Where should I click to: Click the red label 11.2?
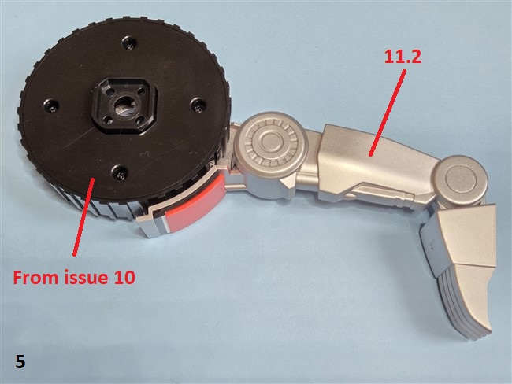[x=403, y=57]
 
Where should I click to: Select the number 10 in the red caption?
[x=124, y=278]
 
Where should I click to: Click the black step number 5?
[x=20, y=362]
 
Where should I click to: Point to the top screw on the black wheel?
[x=129, y=43]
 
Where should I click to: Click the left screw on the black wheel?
[x=51, y=105]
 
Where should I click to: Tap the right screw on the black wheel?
[x=198, y=105]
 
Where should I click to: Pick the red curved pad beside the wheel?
[x=195, y=203]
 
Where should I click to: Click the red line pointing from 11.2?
[x=388, y=113]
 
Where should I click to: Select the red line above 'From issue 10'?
[x=84, y=216]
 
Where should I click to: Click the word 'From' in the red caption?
[x=36, y=278]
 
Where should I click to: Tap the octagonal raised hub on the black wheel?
[x=124, y=105]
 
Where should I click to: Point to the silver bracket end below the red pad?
[x=149, y=225]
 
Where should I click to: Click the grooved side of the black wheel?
[x=98, y=207]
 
